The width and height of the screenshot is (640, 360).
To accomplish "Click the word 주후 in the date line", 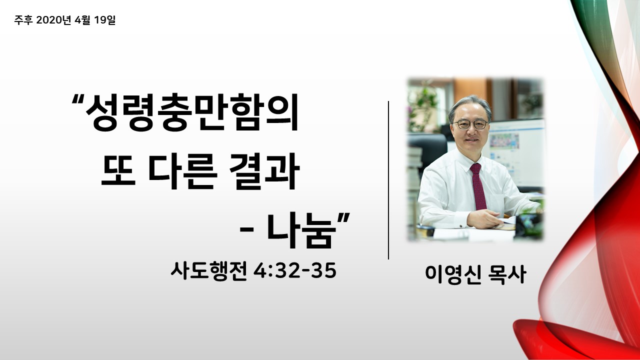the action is coord(23,20).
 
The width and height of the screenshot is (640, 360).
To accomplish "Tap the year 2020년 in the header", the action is coord(53,20).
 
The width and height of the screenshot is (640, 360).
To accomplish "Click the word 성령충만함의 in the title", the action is coord(192,112).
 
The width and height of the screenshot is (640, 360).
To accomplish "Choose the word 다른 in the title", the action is coord(181,171).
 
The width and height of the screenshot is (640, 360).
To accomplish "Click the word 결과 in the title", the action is coord(264,171).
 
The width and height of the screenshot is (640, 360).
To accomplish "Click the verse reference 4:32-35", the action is coord(295,270).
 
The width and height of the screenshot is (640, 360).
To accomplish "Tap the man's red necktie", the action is coord(478,186).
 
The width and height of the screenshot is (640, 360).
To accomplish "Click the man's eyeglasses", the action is coord(470,124).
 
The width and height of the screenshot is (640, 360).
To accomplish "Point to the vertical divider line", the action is coord(388,180).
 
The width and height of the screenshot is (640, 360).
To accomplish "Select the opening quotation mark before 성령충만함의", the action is coord(78,99).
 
